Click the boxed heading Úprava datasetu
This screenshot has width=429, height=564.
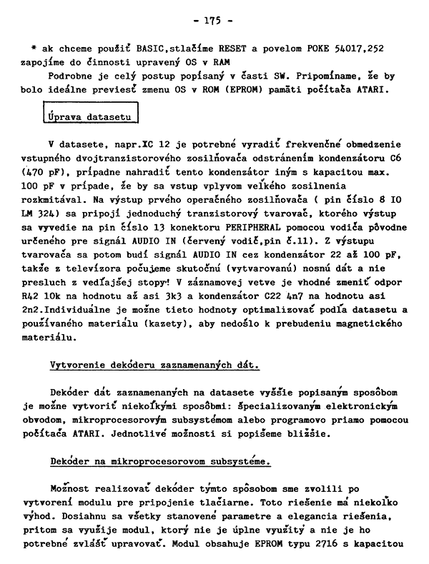click(89, 114)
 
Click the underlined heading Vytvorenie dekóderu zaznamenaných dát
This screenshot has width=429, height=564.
click(154, 365)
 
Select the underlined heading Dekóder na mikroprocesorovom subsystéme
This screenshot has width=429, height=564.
click(160, 461)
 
